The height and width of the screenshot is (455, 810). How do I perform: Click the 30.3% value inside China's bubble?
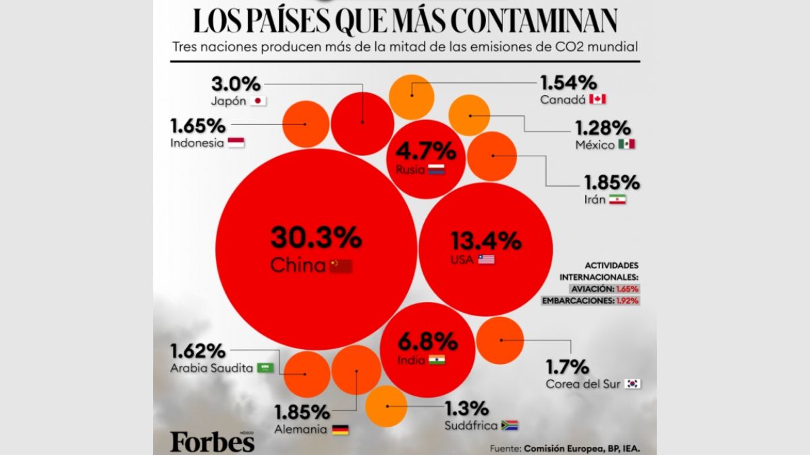pyautogui.click(x=317, y=238)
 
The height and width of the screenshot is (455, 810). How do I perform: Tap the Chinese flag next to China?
pyautogui.click(x=341, y=266)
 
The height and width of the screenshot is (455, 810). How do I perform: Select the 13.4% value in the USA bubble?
pyautogui.click(x=485, y=240)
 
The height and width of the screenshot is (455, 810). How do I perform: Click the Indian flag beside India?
pyautogui.click(x=437, y=360)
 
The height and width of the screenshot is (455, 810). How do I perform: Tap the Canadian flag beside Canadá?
pyautogui.click(x=597, y=99)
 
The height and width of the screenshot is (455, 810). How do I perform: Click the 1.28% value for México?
pyautogui.click(x=603, y=127)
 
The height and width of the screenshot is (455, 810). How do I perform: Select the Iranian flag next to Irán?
pyautogui.click(x=617, y=200)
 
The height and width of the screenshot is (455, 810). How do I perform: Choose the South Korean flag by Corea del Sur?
pyautogui.click(x=632, y=384)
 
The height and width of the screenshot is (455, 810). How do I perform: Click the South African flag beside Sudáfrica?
pyautogui.click(x=509, y=425)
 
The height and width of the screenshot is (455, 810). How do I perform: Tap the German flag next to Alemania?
pyautogui.click(x=340, y=429)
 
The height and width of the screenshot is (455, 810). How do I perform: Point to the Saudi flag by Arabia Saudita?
pyautogui.click(x=265, y=368)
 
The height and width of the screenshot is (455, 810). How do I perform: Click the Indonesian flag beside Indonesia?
pyautogui.click(x=236, y=142)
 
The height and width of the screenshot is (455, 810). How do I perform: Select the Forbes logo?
pyautogui.click(x=213, y=441)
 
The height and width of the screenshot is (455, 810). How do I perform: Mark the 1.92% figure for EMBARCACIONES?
pyautogui.click(x=627, y=301)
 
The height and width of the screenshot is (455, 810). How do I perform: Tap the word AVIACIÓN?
pyautogui.click(x=592, y=289)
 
